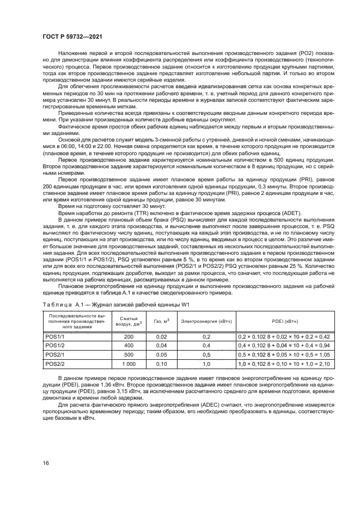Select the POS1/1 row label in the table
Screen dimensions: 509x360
[54, 337]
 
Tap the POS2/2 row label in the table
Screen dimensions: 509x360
[54, 363]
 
